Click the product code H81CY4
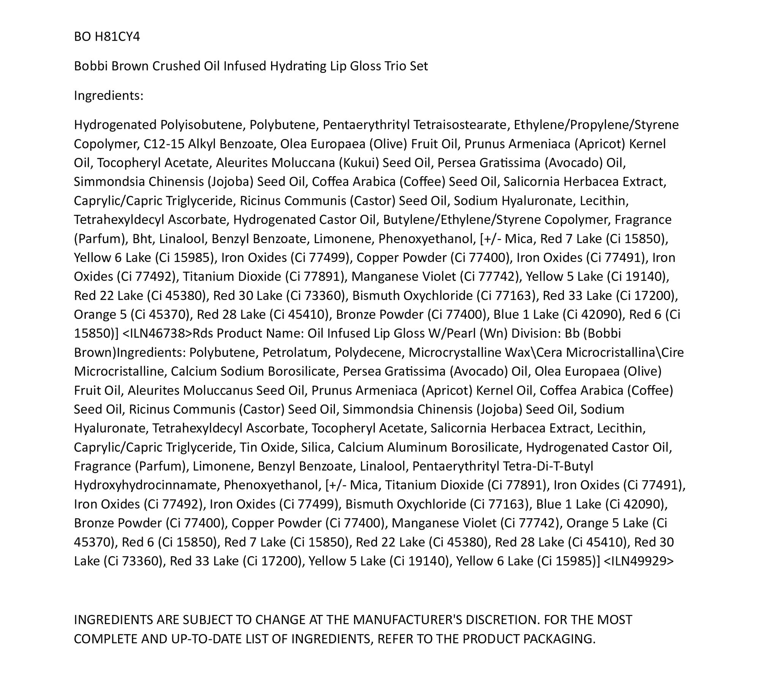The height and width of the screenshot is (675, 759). point(117,36)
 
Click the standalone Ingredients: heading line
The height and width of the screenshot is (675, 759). point(109,95)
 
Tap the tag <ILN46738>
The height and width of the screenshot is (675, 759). point(158,333)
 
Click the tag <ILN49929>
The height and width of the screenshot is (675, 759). point(638,561)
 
